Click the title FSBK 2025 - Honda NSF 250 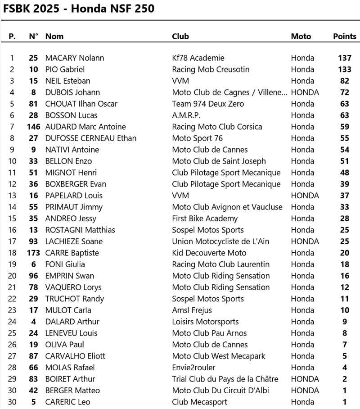coord(78,9)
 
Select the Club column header coord(180,36)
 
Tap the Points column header coord(345,36)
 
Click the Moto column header coord(301,36)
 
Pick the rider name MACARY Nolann coord(75,58)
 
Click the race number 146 coord(34,127)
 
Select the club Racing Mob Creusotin coord(211,69)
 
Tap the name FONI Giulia coord(65,264)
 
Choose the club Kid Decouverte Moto coord(209,253)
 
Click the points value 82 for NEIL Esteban coord(345,81)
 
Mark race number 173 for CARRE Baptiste coord(34,253)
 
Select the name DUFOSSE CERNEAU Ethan coord(91,138)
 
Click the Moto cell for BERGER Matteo coord(305,391)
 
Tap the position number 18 coord(12,253)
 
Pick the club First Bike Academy coord(205,218)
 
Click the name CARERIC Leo coord(67,402)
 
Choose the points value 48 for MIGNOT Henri coord(345,173)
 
